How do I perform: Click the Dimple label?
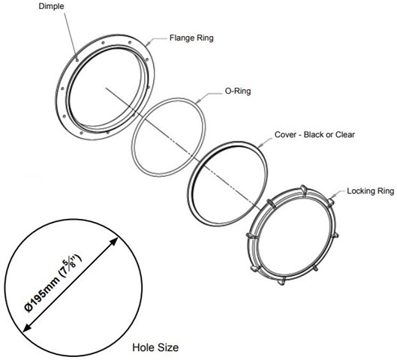[x=51, y=6]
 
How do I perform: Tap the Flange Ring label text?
[x=191, y=38]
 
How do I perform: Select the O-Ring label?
[x=238, y=91]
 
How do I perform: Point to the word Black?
[x=314, y=134]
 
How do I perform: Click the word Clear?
[x=345, y=134]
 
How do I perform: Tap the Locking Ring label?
[x=371, y=190]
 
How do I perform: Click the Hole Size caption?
[x=155, y=347]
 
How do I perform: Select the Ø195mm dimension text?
[x=42, y=292]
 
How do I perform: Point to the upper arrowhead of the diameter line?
[x=113, y=241]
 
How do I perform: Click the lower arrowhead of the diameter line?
[x=27, y=327]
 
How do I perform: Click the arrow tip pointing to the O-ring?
[x=197, y=103]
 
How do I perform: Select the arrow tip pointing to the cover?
[x=258, y=146]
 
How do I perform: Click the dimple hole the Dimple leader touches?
[x=77, y=60]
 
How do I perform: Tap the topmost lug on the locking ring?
[x=303, y=188]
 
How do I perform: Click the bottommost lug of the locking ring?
[x=281, y=281]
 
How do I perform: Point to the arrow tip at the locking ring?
[x=332, y=197]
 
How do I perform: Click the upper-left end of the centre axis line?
[x=106, y=88]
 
